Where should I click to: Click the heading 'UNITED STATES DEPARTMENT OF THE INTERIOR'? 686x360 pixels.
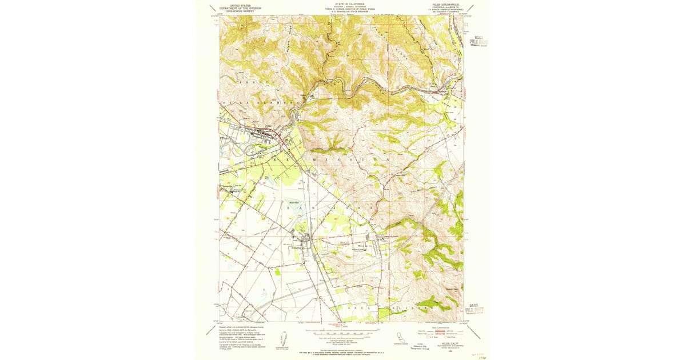point(240,7)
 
